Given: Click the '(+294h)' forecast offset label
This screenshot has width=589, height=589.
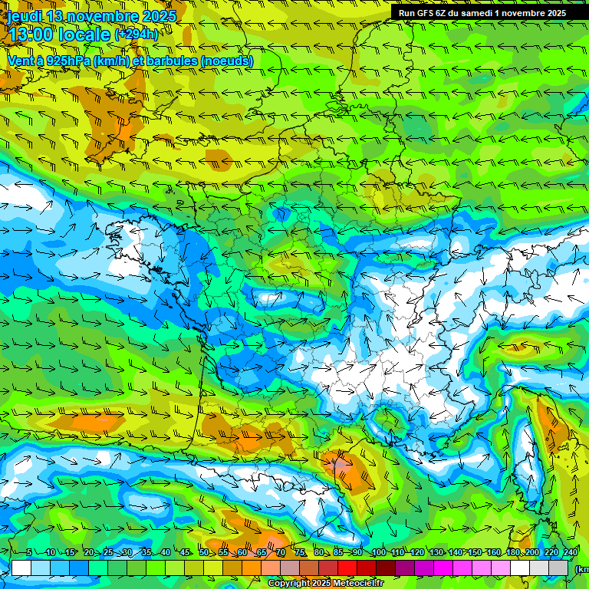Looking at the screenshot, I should point(137,35).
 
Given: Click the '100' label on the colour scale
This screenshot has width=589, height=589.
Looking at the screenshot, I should point(378,553).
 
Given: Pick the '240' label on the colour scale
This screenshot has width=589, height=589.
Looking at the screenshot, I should point(571,553).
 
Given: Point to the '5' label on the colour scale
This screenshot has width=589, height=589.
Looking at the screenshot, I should point(29,553).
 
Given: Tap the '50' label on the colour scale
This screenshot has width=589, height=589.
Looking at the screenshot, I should point(204,553).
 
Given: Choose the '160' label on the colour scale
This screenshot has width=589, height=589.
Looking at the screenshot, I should point(494,553).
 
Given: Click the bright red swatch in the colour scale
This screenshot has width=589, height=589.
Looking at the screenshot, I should point(348,568).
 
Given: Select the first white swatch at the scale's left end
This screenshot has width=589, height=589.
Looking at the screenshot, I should point(21,568).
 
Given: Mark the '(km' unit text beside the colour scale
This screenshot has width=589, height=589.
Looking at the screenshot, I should point(581,569).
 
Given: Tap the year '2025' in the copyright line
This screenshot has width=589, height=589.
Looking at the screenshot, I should point(311,584).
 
